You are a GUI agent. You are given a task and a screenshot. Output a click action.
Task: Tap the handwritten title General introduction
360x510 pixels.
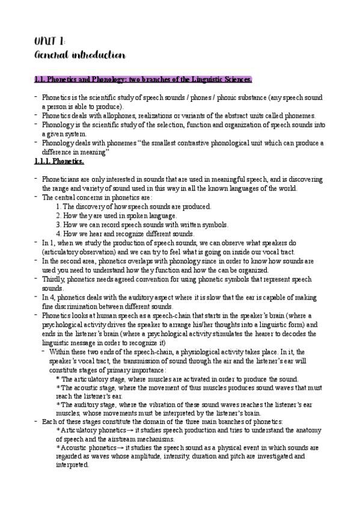(79, 56)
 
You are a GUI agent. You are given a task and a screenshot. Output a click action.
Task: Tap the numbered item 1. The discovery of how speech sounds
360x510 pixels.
(133, 206)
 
